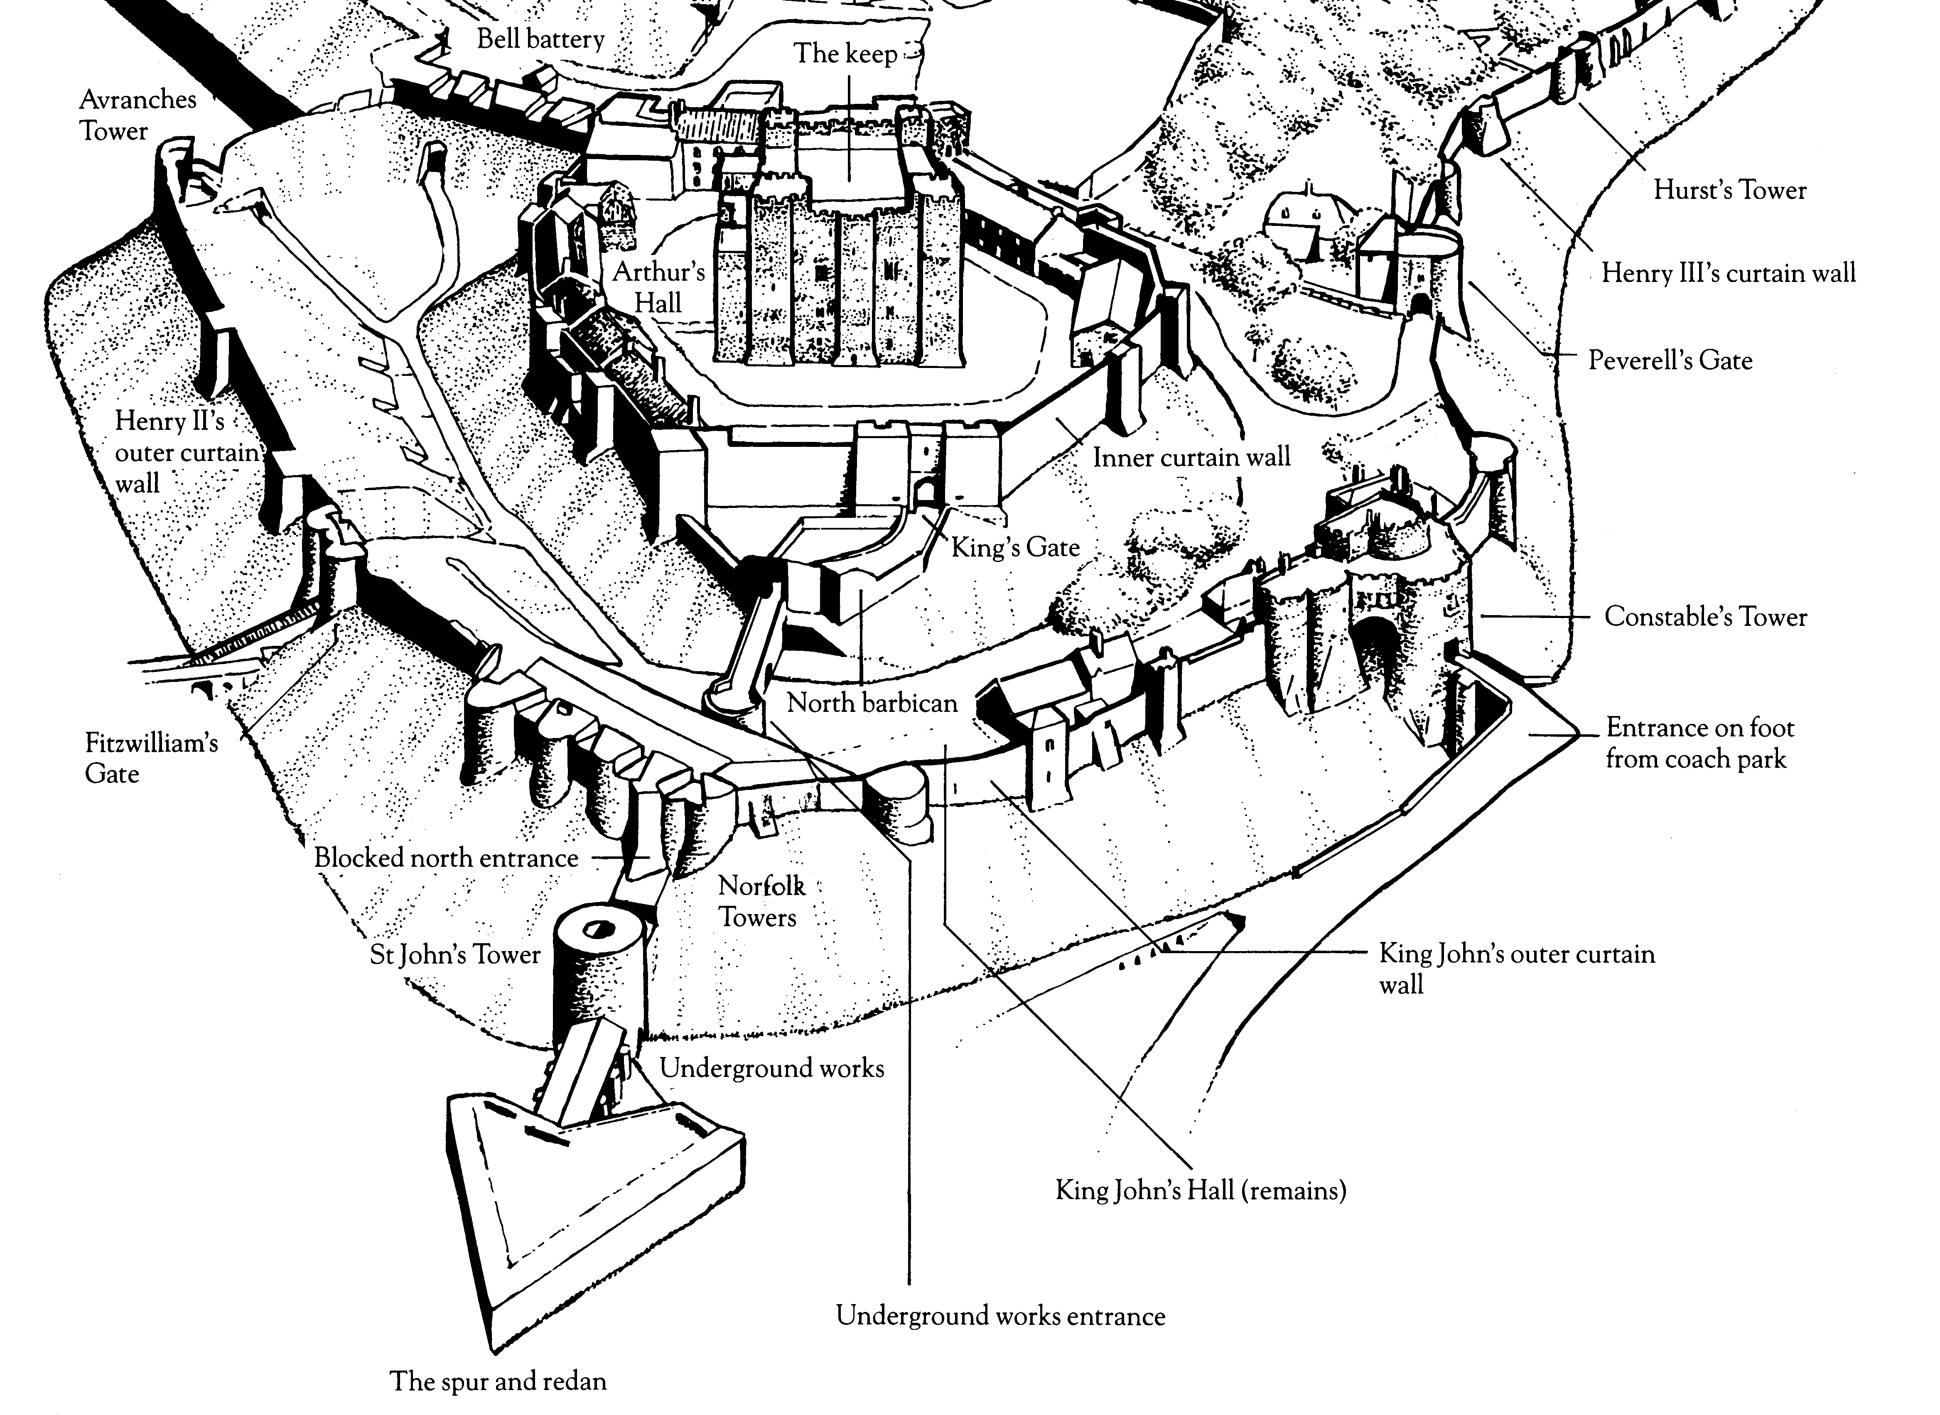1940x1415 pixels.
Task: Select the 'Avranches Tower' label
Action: coord(137,115)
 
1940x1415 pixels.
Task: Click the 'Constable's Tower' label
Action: coord(1704,617)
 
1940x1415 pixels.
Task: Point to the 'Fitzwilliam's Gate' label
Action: coord(151,758)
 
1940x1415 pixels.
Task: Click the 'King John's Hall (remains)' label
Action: coord(1200,1191)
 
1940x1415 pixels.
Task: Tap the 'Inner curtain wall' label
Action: coord(1191,457)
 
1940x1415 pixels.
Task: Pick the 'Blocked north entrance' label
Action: coord(445,857)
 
